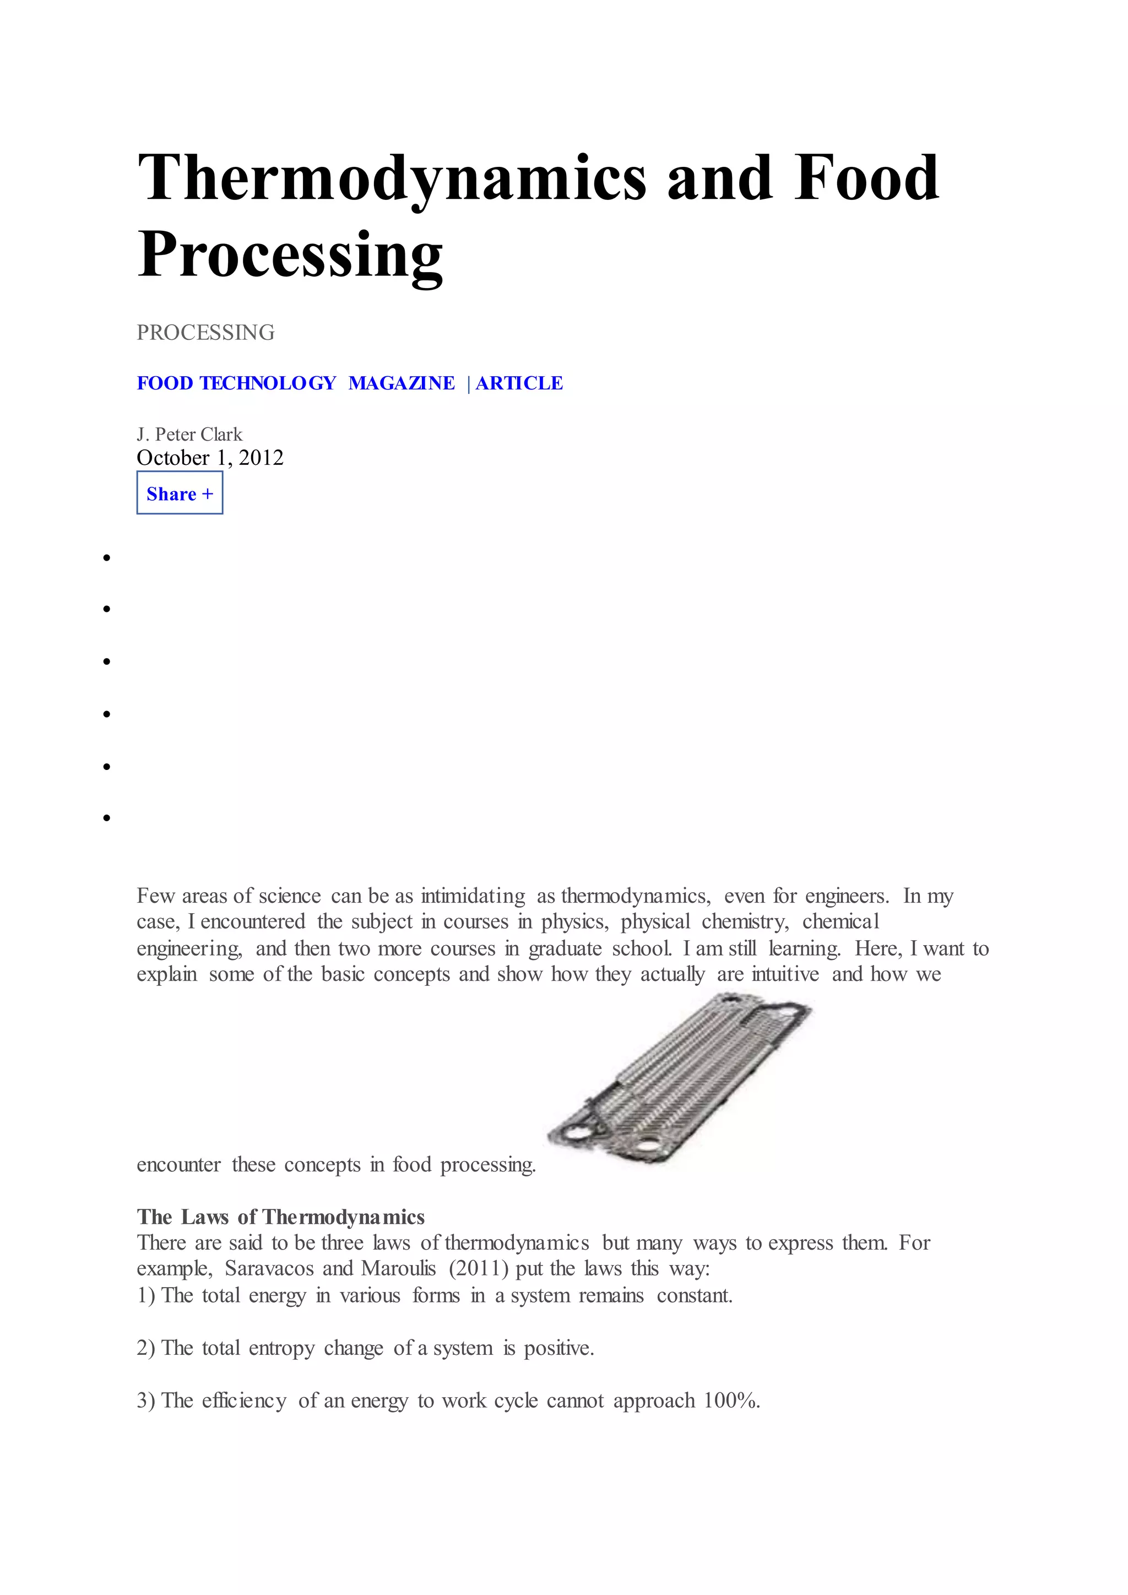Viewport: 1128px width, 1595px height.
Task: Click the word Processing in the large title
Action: tap(290, 255)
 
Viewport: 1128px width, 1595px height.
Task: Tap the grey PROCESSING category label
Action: tap(205, 333)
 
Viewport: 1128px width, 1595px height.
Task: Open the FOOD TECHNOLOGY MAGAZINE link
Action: tap(295, 383)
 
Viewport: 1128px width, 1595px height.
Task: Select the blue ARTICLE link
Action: tap(519, 383)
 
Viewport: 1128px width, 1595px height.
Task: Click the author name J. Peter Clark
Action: tap(189, 435)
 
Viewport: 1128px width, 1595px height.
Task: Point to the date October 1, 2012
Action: tap(210, 458)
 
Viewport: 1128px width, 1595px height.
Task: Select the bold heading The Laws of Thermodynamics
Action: tap(280, 1217)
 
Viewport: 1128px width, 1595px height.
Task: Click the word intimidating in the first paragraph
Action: tap(473, 896)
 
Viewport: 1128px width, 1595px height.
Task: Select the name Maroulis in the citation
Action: tap(398, 1269)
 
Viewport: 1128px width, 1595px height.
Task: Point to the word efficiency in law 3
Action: tap(244, 1401)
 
